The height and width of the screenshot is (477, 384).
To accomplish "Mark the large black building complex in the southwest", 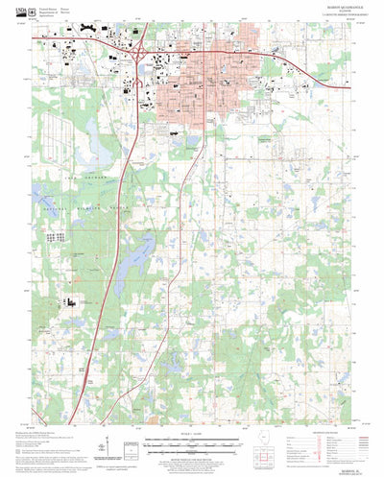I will [x=72, y=301].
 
